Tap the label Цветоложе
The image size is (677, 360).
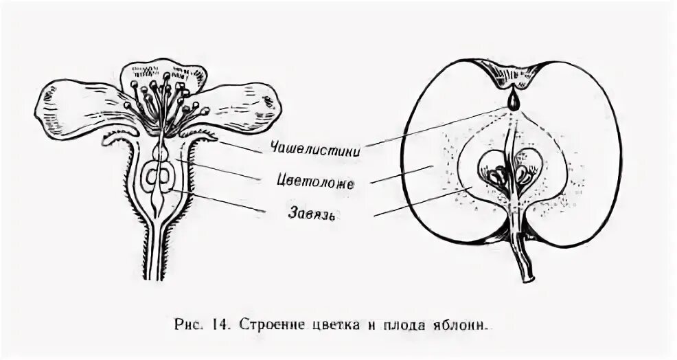[317, 182]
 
